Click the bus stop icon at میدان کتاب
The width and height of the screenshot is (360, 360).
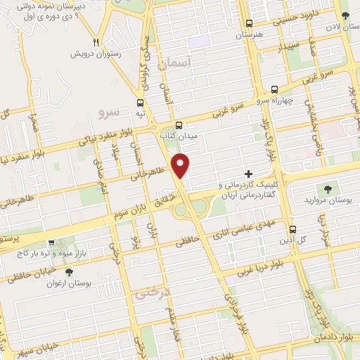[x=179, y=123]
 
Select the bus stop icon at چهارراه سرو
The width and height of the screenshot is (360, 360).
[x=274, y=89]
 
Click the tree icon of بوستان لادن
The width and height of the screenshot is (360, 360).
[x=345, y=15]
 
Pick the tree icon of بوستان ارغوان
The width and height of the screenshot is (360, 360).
[x=68, y=272]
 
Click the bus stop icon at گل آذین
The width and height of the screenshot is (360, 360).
[x=293, y=229]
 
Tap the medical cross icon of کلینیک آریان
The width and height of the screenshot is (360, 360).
[x=248, y=173]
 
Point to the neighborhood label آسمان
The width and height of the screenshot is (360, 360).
[x=175, y=64]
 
